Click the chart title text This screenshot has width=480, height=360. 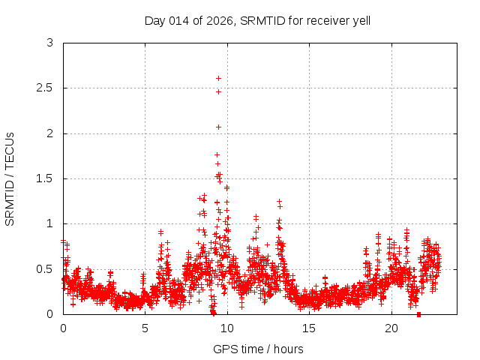tap(257, 20)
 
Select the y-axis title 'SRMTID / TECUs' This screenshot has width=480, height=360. tap(10, 178)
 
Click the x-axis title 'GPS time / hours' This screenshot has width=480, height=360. tap(258, 349)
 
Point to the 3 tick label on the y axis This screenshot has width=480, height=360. tap(49, 43)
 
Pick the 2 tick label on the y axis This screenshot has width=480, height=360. tap(49, 133)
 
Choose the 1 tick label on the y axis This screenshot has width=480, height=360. tap(49, 223)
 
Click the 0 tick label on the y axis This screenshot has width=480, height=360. tap(49, 313)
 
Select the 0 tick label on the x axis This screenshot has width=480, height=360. tap(63, 328)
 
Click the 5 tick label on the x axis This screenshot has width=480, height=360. tap(145, 328)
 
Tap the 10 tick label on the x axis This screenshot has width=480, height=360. tap(227, 328)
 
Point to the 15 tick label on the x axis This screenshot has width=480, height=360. tap(309, 328)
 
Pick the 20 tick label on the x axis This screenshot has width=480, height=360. tap(391, 328)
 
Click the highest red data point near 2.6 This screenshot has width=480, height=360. tap(218, 78)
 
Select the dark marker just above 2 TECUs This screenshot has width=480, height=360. tap(218, 127)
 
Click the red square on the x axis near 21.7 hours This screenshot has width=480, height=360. tap(418, 313)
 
